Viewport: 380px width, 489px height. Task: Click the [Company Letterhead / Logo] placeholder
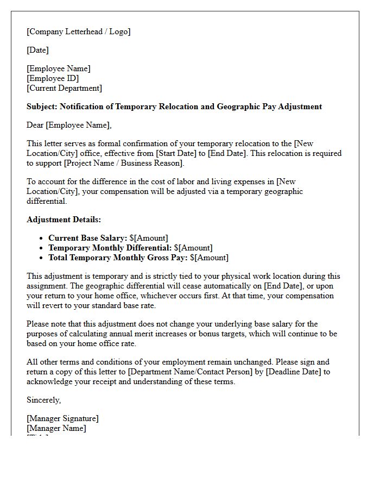click(78, 32)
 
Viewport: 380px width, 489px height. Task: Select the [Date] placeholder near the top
click(37, 50)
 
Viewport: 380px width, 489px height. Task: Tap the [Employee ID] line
click(53, 78)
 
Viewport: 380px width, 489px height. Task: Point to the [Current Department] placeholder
click(64, 88)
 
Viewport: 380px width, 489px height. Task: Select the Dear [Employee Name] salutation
click(69, 125)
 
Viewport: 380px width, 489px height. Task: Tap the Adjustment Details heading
click(64, 220)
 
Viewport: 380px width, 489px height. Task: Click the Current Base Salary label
click(88, 238)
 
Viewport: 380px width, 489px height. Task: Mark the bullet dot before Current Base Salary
click(42, 238)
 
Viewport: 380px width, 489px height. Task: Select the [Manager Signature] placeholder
click(62, 418)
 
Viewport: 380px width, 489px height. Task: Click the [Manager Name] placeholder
click(56, 428)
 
